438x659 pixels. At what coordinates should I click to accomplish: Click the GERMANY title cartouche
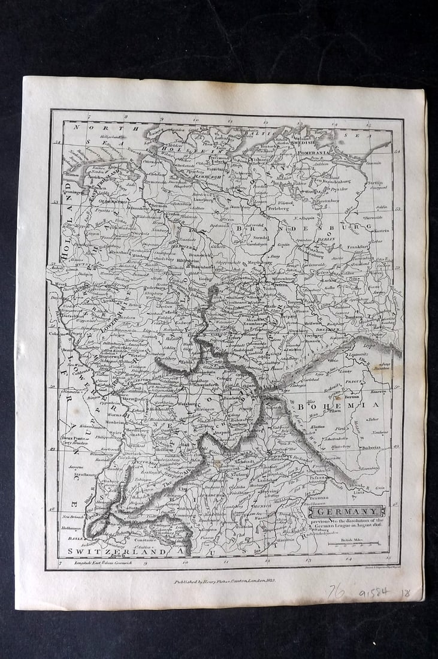348,512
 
